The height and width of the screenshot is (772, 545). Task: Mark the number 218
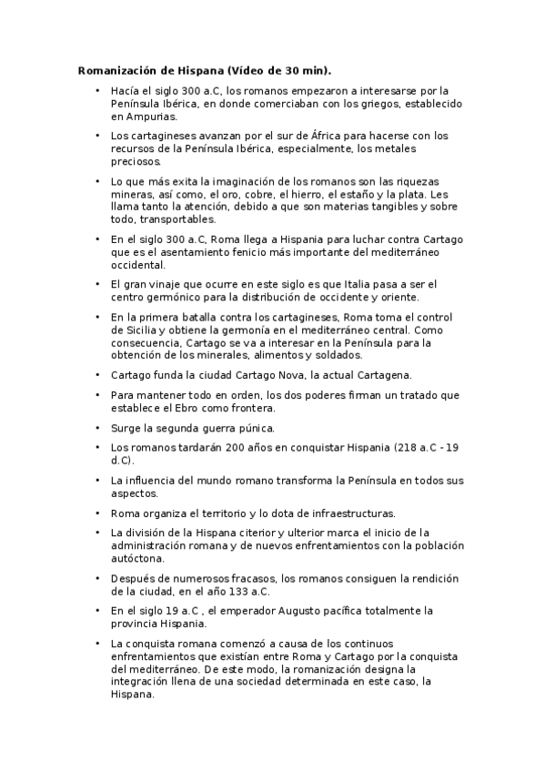[407, 447]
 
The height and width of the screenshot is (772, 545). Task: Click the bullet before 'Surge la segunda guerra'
[97, 427]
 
